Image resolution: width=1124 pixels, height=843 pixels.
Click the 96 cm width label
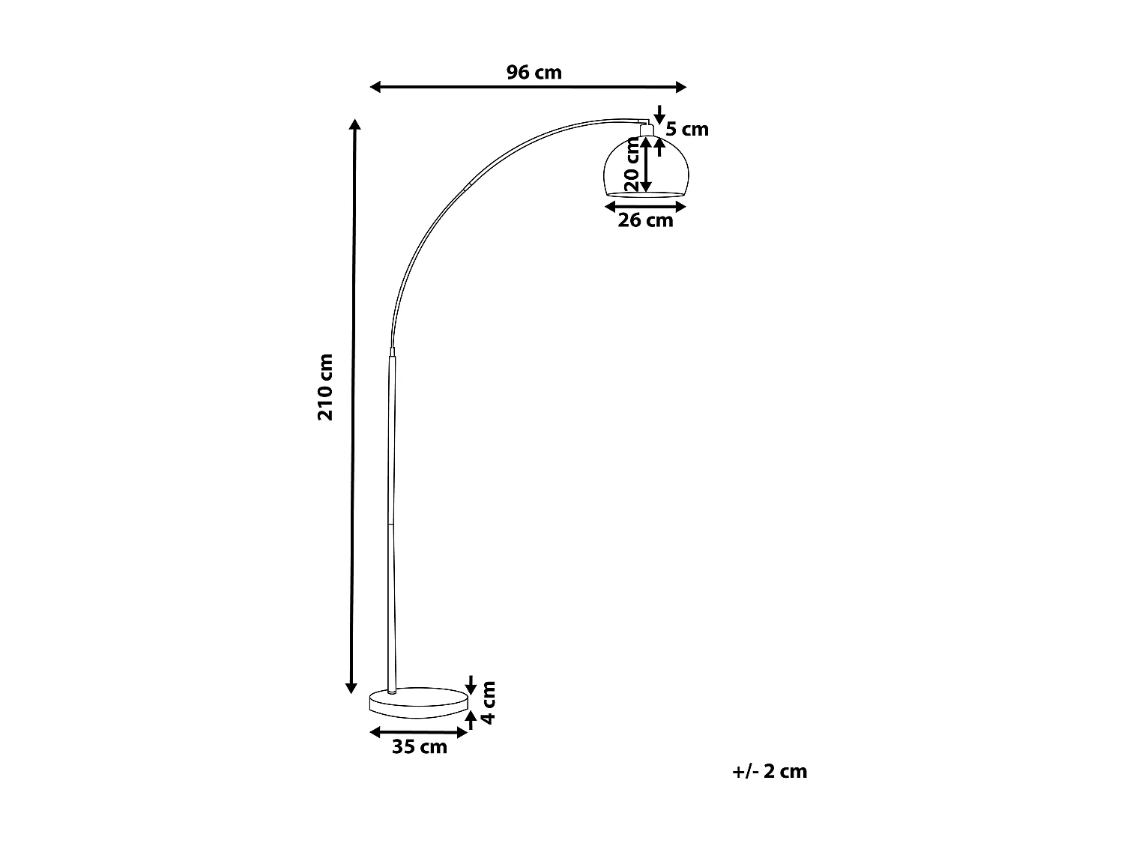click(x=534, y=73)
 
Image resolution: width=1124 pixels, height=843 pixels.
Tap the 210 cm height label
click(x=325, y=387)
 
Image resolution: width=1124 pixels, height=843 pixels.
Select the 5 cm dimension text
click(x=687, y=129)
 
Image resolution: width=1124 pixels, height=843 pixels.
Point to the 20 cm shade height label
click(x=632, y=167)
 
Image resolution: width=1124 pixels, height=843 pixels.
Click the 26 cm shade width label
click(x=645, y=220)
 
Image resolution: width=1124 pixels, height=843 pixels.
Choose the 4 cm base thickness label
click(x=488, y=702)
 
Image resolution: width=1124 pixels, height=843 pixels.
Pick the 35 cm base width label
click(x=419, y=747)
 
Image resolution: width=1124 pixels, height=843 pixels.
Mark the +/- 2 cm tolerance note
click(x=770, y=772)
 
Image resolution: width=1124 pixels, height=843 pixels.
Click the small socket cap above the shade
click(x=646, y=130)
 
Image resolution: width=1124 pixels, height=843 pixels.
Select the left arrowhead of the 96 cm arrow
click(x=375, y=88)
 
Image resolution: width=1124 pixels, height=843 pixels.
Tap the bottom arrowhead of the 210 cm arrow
click(x=351, y=687)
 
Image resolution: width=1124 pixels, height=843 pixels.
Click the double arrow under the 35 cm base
click(x=419, y=731)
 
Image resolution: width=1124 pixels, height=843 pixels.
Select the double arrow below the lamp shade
click(x=645, y=205)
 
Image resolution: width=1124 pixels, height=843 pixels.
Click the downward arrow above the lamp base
click(x=471, y=684)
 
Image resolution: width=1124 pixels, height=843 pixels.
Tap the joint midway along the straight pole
click(x=390, y=524)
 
